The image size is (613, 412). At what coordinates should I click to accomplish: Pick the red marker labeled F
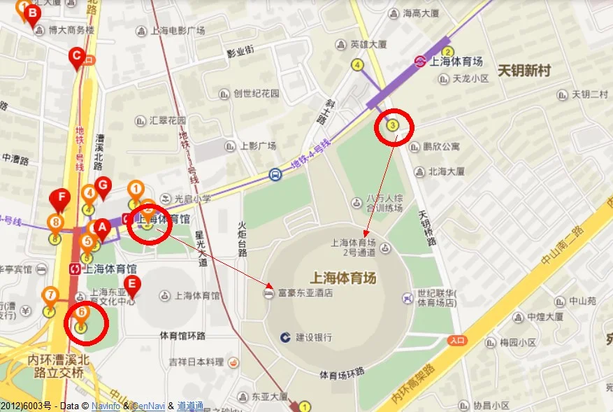61,199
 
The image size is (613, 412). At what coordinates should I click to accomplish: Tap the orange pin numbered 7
50,296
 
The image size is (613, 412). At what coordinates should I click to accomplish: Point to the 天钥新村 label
524,71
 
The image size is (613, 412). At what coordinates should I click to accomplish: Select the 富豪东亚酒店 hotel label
305,293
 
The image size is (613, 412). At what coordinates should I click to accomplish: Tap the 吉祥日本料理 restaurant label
196,362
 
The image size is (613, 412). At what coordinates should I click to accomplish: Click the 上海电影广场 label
178,31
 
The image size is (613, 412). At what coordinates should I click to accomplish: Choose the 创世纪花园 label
256,93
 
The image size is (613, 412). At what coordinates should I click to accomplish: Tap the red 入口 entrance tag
457,341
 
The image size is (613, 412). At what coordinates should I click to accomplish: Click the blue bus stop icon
276,174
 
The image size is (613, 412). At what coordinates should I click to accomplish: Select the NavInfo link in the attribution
106,406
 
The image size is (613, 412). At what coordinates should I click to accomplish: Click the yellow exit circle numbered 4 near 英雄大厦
358,65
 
